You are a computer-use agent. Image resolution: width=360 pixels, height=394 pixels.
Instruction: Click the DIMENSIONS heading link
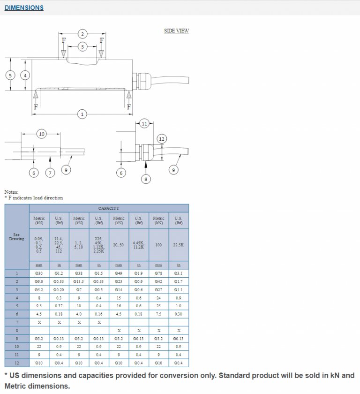[24, 8]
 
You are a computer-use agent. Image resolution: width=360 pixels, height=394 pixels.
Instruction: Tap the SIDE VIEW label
[176, 31]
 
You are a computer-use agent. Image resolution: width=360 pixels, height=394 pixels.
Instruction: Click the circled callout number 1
[82, 114]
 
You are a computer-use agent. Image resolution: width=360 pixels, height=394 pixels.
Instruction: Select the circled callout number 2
[82, 34]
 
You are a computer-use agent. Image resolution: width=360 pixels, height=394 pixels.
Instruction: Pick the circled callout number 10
[41, 135]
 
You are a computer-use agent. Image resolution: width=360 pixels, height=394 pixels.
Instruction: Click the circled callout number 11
[144, 124]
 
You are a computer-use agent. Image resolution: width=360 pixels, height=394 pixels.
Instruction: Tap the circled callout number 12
[161, 139]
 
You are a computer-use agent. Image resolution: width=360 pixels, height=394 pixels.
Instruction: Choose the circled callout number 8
[146, 179]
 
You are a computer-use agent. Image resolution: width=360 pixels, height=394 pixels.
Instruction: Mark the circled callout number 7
[50, 173]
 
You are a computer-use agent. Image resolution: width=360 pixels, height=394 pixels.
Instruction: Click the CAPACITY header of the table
[109, 208]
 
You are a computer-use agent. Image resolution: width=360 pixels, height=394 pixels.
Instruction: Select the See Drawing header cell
[17, 237]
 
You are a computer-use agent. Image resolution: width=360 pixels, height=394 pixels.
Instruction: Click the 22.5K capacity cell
[178, 245]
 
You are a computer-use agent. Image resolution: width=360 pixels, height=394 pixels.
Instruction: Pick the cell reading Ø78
[158, 273]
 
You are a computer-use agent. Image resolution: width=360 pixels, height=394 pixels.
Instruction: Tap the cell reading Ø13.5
[79, 281]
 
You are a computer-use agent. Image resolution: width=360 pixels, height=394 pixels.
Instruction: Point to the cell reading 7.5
[158, 314]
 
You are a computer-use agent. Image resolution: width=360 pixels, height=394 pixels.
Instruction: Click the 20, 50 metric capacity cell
[119, 245]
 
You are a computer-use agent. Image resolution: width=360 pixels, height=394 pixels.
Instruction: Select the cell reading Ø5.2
[39, 289]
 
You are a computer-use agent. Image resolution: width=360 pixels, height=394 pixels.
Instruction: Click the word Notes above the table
[11, 192]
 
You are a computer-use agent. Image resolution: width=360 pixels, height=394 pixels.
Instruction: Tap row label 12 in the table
[17, 363]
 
